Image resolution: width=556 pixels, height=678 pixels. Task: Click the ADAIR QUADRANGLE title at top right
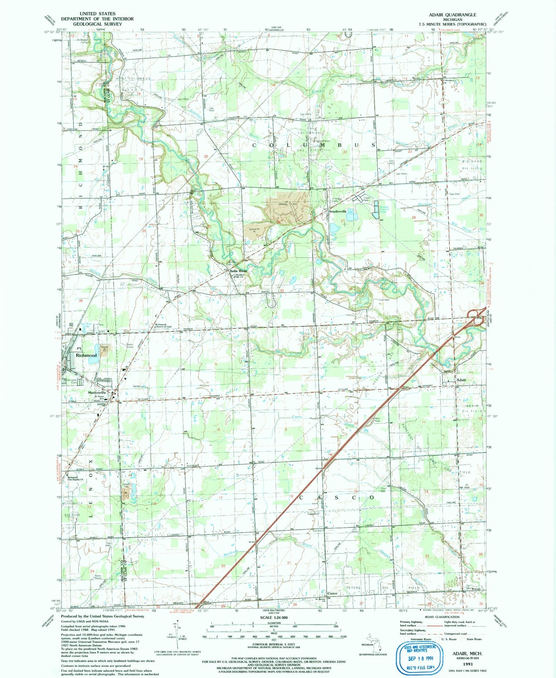pyautogui.click(x=452, y=15)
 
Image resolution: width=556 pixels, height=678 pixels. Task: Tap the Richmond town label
pyautogui.click(x=86, y=355)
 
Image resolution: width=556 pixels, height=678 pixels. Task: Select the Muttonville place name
pyautogui.click(x=97, y=392)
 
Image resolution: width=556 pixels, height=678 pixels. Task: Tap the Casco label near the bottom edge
pyautogui.click(x=332, y=593)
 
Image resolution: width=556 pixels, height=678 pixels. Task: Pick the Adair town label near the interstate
pyautogui.click(x=461, y=380)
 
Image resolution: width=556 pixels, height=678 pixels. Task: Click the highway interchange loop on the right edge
pyautogui.click(x=475, y=317)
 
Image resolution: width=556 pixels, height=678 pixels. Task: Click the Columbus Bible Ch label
pyautogui.click(x=239, y=275)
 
